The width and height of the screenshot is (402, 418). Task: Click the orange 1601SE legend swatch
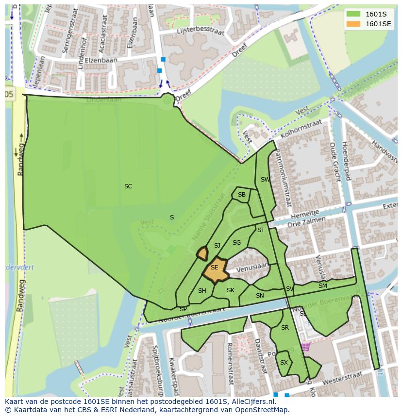354,24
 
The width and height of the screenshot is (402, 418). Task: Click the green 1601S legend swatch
354,14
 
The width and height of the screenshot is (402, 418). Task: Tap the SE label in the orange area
214,268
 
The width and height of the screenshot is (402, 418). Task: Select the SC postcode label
128,186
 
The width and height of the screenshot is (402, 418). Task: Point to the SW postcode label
265,180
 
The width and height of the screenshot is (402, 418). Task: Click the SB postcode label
242,195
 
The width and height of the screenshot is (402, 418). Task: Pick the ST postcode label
261,230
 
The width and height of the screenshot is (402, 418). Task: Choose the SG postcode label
236,243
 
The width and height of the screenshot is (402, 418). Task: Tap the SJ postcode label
217,246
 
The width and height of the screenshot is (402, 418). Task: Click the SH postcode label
202,291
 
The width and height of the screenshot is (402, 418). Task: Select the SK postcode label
231,290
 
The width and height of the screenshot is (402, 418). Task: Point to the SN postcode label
260,296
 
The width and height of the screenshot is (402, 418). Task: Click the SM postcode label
322,286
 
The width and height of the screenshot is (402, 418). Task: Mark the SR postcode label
285,328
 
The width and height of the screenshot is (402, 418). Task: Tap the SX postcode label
284,363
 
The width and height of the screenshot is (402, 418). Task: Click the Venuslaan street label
252,267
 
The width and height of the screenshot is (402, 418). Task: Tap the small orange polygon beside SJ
202,253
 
